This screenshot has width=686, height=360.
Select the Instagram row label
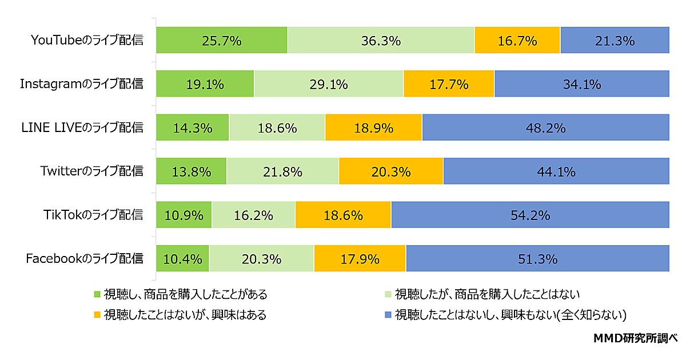click(82, 84)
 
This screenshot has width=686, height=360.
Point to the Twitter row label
click(91, 171)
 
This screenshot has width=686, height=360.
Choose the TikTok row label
click(93, 215)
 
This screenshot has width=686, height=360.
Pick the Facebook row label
click(85, 258)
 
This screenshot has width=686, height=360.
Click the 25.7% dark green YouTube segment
click(221, 40)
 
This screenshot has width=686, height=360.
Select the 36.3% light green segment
click(381, 40)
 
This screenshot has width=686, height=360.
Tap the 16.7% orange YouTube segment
click(517, 40)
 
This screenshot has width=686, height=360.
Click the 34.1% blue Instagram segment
click(581, 84)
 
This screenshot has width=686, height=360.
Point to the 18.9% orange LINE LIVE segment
click(373, 127)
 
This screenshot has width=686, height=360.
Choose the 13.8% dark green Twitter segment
click(192, 171)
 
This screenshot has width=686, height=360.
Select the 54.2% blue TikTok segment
click(530, 215)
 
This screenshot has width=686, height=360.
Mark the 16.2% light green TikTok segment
click(253, 215)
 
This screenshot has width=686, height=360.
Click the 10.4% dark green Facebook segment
click(182, 258)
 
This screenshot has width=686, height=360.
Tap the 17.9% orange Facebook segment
click(360, 258)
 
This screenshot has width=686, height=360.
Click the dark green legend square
click(97, 295)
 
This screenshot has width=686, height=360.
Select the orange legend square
click(97, 315)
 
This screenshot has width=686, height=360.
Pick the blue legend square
click(388, 315)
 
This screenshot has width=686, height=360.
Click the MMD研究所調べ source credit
click(635, 338)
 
